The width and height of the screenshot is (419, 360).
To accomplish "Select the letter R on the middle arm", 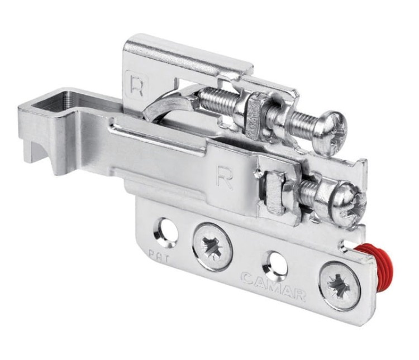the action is tap(225, 177).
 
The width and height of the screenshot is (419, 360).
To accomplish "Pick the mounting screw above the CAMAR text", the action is tap(213, 246).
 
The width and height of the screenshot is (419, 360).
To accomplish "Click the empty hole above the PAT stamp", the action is tap(166, 230).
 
